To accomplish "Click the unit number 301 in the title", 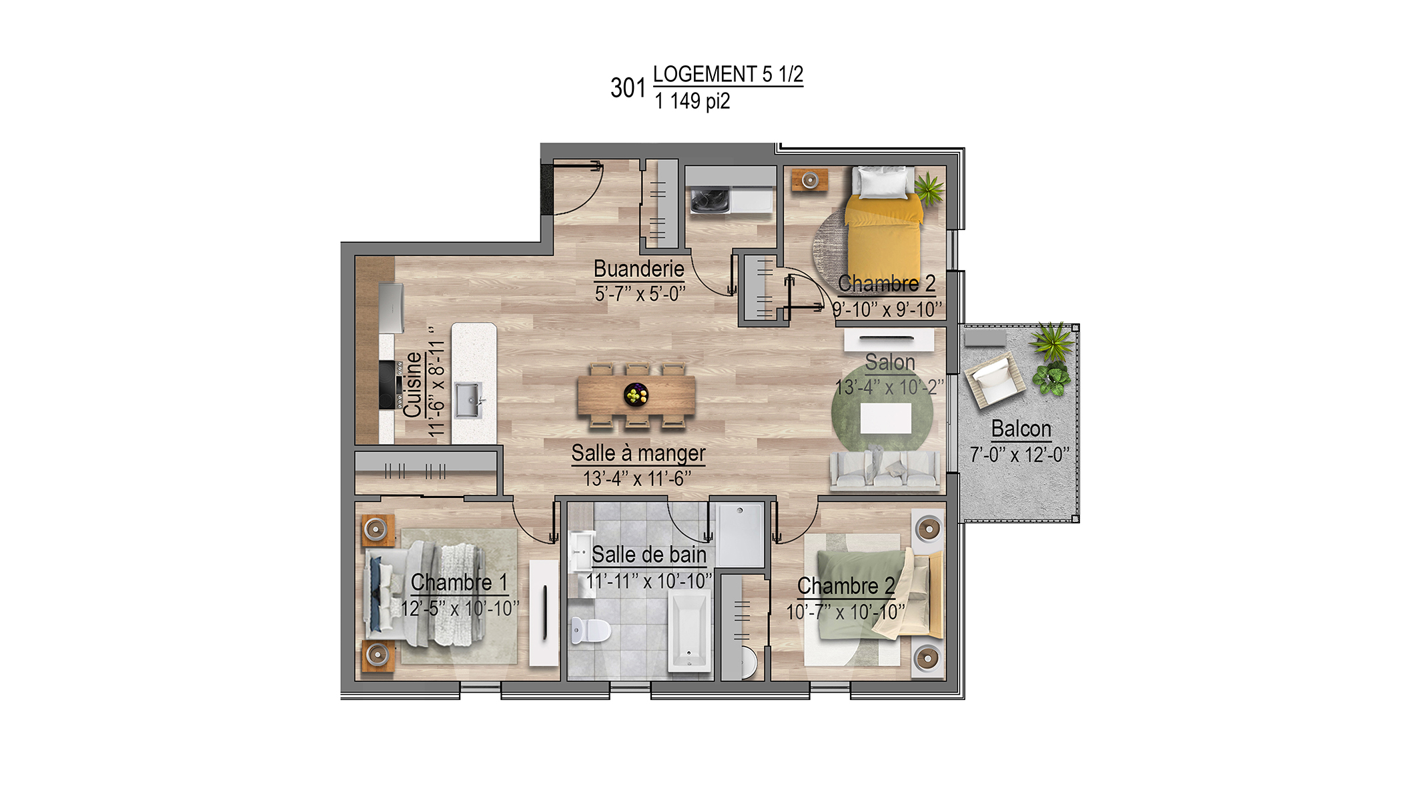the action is click(628, 87).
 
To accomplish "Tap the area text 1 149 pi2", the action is click(692, 101).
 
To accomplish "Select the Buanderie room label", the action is click(639, 269).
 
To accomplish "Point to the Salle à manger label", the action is click(638, 453).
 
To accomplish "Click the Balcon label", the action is click(1021, 429).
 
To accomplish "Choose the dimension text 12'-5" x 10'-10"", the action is click(460, 609).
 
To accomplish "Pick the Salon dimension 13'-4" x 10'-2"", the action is click(889, 387).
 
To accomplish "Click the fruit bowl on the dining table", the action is click(636, 395).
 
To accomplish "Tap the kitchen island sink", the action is click(468, 400).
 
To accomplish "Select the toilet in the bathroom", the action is click(590, 630).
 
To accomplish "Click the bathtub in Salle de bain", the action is click(689, 631).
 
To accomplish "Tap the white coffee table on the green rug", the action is click(886, 418).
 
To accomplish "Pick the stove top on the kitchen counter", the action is click(388, 385).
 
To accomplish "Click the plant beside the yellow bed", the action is click(929, 187).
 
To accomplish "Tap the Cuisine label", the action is click(413, 385).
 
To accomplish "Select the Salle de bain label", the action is click(649, 555).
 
